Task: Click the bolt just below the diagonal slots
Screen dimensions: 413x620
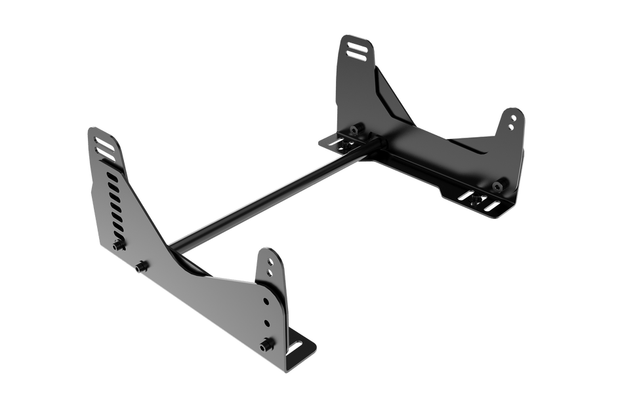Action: [x=119, y=245]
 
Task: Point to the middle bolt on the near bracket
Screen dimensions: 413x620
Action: [x=141, y=265]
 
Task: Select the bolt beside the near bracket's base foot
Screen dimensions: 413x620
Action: [x=267, y=342]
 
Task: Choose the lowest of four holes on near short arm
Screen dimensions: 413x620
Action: [x=266, y=323]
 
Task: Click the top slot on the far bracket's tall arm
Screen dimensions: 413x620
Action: [x=354, y=47]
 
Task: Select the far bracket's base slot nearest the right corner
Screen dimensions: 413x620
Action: [x=491, y=205]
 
